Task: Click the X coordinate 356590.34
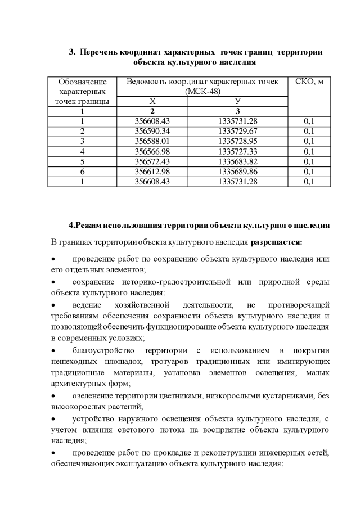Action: point(152,131)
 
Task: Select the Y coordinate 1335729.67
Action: point(238,131)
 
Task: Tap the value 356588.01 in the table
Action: point(152,141)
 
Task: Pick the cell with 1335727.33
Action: point(238,151)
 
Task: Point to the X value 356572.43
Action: point(152,161)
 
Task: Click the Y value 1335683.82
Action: point(238,161)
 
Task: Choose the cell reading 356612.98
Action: point(152,172)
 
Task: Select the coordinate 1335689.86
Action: point(238,172)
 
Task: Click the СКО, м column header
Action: point(309,82)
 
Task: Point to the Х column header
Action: point(152,101)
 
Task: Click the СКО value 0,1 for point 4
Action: point(309,151)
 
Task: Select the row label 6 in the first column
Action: point(82,172)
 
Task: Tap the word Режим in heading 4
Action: point(92,226)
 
